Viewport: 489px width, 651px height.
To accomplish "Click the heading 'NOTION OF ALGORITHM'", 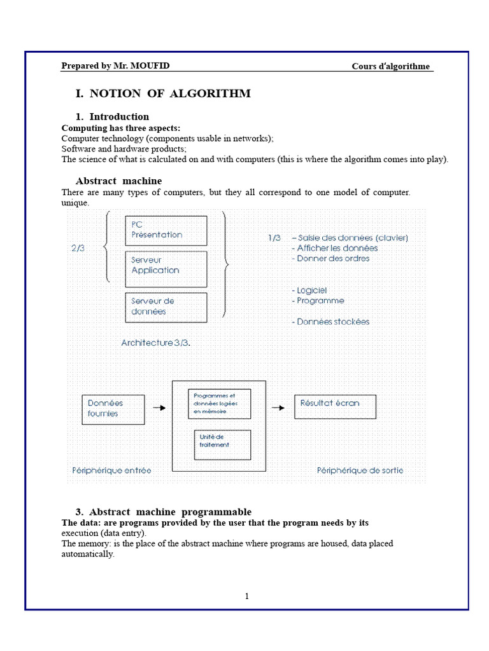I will coord(170,93).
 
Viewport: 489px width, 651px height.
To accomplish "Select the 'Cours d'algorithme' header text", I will coord(390,66).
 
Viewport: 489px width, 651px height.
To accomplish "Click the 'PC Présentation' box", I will coord(166,230).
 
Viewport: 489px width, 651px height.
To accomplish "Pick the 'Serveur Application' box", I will coord(166,269).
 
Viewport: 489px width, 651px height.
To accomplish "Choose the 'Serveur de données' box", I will coord(166,307).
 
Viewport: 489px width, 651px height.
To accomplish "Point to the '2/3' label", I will coord(78,249).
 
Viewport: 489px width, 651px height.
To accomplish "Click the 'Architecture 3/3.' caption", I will coord(156,343).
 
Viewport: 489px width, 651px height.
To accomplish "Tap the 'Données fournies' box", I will coord(113,408).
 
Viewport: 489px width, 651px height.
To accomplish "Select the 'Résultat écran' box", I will coord(335,406).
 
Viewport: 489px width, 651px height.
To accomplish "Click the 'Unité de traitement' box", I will coord(222,444).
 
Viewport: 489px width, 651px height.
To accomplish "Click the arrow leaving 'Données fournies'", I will coord(159,408).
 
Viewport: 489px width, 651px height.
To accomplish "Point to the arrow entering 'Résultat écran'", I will coord(278,408).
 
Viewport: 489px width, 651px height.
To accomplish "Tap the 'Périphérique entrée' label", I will coord(112,470).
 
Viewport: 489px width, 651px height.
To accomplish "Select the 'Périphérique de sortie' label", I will coord(360,470).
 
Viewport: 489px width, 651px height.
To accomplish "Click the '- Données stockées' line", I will coord(331,322).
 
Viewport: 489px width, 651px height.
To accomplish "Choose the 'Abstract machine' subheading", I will coord(118,181).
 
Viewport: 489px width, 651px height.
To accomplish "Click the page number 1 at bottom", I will coord(247,596).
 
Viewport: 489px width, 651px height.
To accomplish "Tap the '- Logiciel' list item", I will coord(309,290).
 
